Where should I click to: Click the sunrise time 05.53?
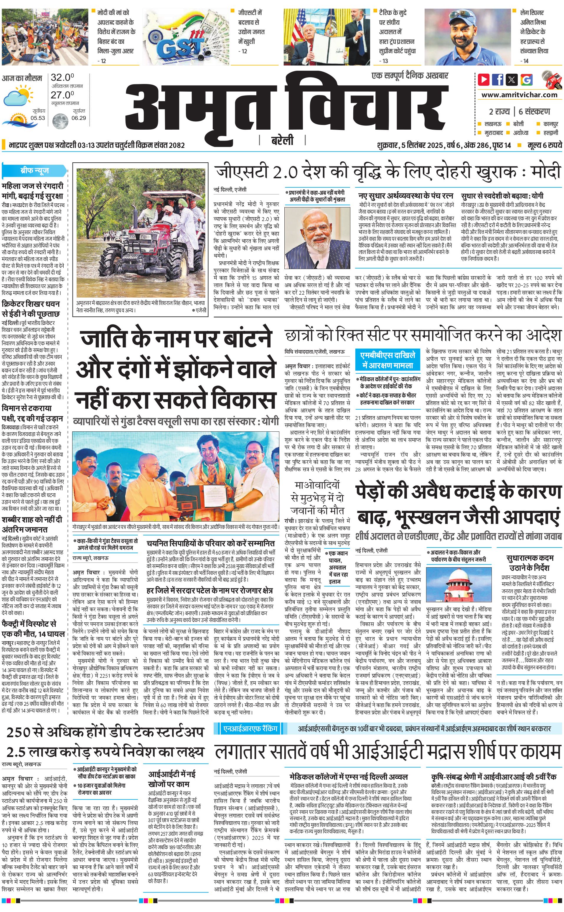(38, 118)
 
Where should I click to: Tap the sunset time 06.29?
(79, 118)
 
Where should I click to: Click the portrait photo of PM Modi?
(317, 237)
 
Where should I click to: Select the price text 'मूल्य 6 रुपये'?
(545, 145)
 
